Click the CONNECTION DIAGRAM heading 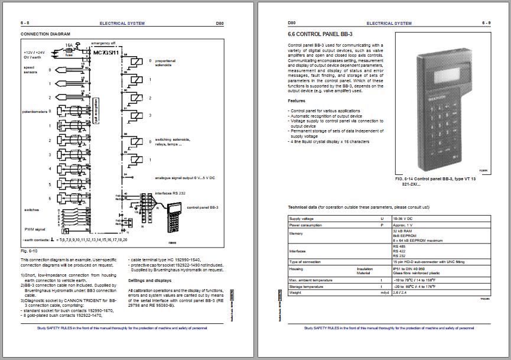coord(45,34)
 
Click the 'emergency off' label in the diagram coord(103,43)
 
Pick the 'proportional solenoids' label coord(165,63)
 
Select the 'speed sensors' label coord(28,69)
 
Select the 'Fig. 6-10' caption coord(29,251)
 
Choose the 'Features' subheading coord(297,100)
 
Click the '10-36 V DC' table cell coord(402,218)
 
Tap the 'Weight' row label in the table coord(295,292)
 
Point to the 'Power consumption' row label coord(306,225)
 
